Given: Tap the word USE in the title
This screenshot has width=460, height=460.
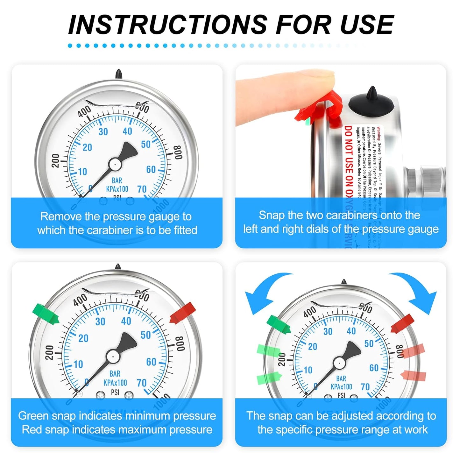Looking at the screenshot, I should coord(367,25).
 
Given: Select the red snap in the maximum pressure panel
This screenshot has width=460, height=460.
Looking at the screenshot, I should coord(183,313).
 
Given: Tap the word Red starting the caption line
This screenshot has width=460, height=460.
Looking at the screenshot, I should coord(32,429).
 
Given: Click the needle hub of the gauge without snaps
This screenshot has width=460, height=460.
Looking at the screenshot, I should coord(115,164).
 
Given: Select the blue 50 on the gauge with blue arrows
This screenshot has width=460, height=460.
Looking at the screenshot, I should coord(369,344).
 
